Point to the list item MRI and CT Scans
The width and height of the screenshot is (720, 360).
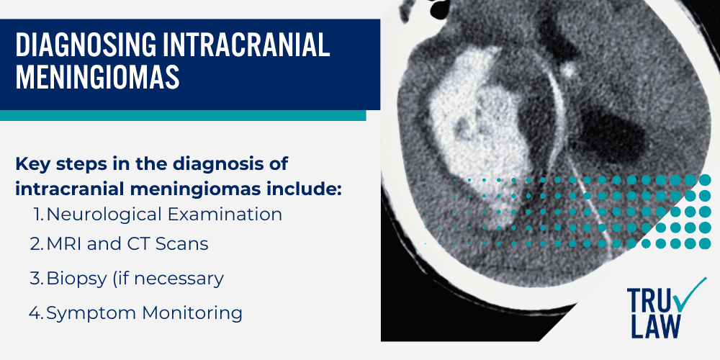(128, 244)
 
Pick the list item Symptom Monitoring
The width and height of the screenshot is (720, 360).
(144, 312)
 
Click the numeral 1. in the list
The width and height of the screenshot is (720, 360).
(39, 214)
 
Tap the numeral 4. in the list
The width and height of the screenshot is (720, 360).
(37, 312)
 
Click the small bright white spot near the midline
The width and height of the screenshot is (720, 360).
(568, 71)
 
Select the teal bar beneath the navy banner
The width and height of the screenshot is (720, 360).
(183, 115)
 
